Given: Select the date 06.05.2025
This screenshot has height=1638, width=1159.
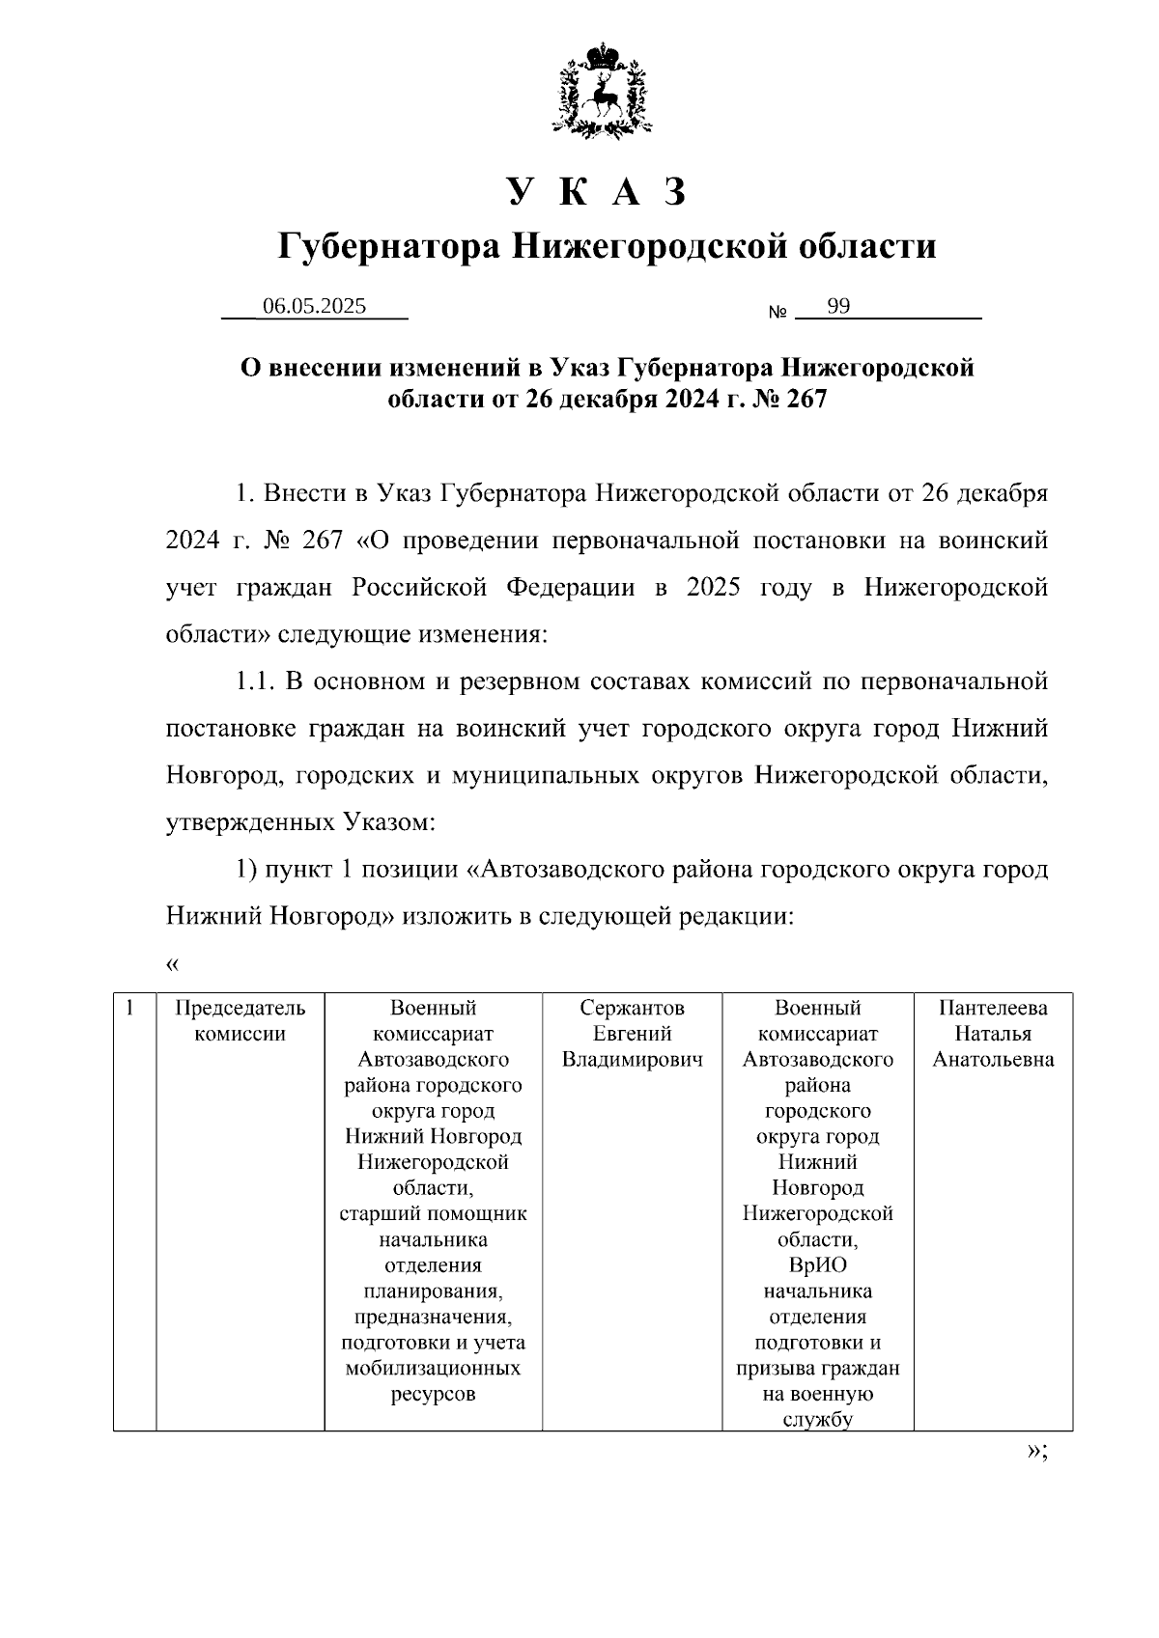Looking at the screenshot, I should pyautogui.click(x=315, y=307).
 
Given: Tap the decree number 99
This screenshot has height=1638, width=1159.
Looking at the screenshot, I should pyautogui.click(x=838, y=307).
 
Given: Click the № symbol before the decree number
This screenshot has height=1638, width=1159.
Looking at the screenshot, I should pyautogui.click(x=777, y=313).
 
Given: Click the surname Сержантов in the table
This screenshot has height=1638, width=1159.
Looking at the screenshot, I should pyautogui.click(x=632, y=1009).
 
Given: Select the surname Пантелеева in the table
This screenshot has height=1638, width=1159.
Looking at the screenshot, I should pyautogui.click(x=993, y=1009).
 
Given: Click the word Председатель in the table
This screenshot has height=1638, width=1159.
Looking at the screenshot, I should pyautogui.click(x=240, y=1009).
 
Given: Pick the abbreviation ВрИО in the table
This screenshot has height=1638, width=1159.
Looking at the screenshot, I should pyautogui.click(x=817, y=1265).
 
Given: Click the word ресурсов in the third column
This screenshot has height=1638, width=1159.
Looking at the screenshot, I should pyautogui.click(x=433, y=1394).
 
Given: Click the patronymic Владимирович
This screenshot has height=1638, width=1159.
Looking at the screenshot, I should pyautogui.click(x=632, y=1060).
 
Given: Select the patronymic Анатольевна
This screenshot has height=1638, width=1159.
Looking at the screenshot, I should pyautogui.click(x=993, y=1060).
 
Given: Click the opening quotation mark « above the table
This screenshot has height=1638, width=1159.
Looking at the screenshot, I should pyautogui.click(x=173, y=963).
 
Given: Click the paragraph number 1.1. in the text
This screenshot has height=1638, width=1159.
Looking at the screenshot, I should pyautogui.click(x=256, y=682).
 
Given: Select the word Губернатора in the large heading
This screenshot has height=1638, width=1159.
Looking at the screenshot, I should pyautogui.click(x=389, y=247).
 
